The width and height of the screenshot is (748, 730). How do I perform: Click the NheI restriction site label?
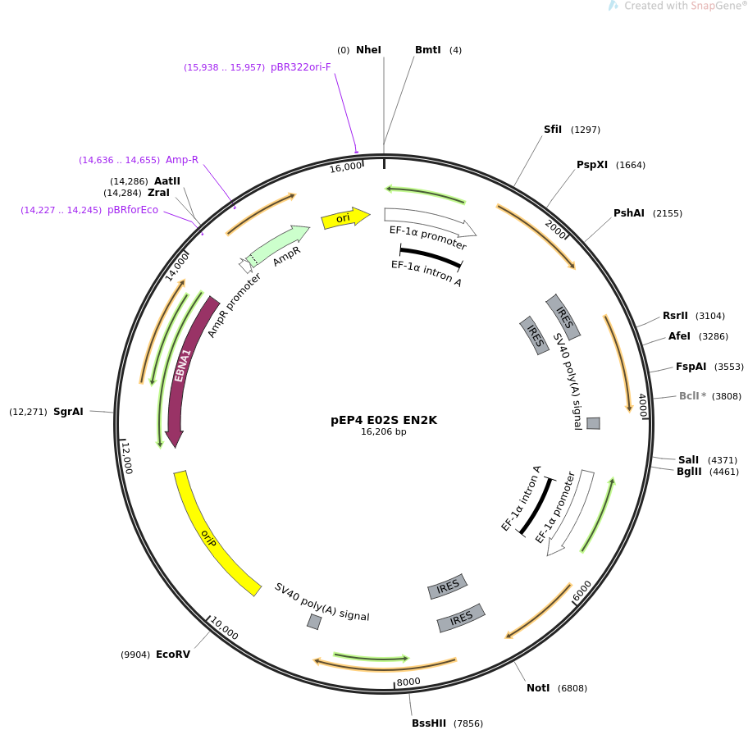(x=368, y=50)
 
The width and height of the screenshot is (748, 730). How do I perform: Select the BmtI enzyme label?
(x=428, y=50)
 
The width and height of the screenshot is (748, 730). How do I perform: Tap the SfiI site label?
(x=553, y=130)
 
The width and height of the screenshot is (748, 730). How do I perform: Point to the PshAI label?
(x=629, y=213)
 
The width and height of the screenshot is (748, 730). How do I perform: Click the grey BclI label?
(x=689, y=396)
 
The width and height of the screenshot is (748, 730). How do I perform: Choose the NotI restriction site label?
(x=538, y=688)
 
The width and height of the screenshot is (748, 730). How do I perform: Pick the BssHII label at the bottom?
(x=429, y=723)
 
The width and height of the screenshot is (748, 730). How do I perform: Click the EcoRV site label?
(x=173, y=655)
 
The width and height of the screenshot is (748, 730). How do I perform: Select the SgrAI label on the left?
(x=68, y=412)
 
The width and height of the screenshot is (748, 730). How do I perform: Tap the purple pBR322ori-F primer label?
(x=301, y=67)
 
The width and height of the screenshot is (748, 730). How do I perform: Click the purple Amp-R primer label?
(x=182, y=160)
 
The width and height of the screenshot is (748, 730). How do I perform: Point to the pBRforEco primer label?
(x=133, y=210)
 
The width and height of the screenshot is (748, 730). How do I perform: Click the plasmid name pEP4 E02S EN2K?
(x=384, y=420)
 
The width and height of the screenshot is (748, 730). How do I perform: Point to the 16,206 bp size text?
(x=384, y=432)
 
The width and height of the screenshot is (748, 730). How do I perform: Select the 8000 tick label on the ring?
(x=408, y=682)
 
